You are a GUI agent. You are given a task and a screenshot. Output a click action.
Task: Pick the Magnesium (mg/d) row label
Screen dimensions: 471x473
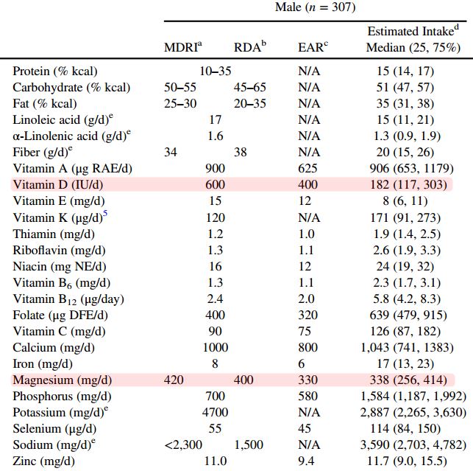click(63, 380)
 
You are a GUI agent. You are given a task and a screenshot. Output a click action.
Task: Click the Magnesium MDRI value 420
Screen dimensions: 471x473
click(180, 380)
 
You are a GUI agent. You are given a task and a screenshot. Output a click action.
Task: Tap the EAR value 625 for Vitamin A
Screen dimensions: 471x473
click(307, 168)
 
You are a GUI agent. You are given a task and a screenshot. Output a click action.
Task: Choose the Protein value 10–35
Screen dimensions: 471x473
click(215, 71)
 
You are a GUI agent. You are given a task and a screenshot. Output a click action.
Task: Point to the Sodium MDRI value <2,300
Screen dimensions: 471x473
click(182, 444)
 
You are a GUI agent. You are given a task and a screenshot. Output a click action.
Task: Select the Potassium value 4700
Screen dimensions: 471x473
click(215, 412)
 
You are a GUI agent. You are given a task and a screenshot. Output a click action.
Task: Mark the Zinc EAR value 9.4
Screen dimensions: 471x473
click(307, 461)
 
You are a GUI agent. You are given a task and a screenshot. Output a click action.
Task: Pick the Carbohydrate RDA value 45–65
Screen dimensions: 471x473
click(250, 87)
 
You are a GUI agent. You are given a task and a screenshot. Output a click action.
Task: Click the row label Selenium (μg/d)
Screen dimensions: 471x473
click(54, 428)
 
